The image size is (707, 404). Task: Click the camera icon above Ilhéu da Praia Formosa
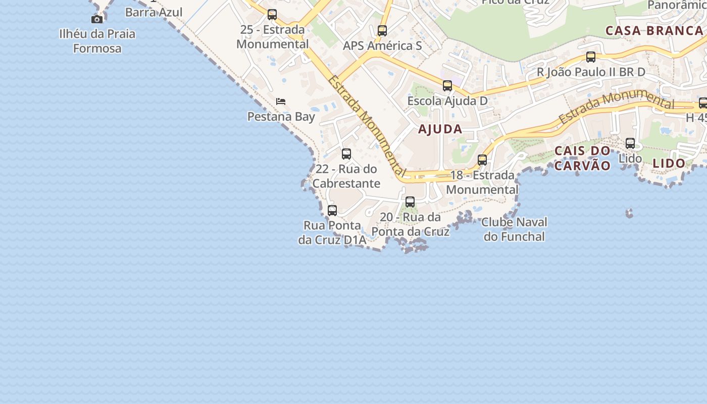97,19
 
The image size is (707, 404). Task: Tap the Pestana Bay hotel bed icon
281,102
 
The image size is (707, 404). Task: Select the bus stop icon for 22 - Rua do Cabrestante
346,154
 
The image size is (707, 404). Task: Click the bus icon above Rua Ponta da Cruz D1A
332,211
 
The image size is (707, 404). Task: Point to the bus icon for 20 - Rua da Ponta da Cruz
410,202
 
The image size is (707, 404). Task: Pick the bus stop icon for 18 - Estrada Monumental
482,160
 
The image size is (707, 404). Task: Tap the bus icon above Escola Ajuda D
447,86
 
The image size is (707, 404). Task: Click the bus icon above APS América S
382,31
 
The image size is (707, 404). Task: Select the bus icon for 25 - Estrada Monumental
272,15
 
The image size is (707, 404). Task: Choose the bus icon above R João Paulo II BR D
591,57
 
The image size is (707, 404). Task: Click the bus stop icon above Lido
630,143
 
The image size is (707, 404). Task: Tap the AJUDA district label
440,129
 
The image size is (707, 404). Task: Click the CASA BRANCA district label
654,30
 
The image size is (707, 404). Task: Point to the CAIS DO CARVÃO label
582,158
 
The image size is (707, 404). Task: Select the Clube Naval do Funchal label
514,229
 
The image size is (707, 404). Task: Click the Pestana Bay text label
281,117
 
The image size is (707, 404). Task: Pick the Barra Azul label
154,12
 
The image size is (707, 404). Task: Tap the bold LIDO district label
669,164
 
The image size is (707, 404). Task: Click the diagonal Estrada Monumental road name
367,126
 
